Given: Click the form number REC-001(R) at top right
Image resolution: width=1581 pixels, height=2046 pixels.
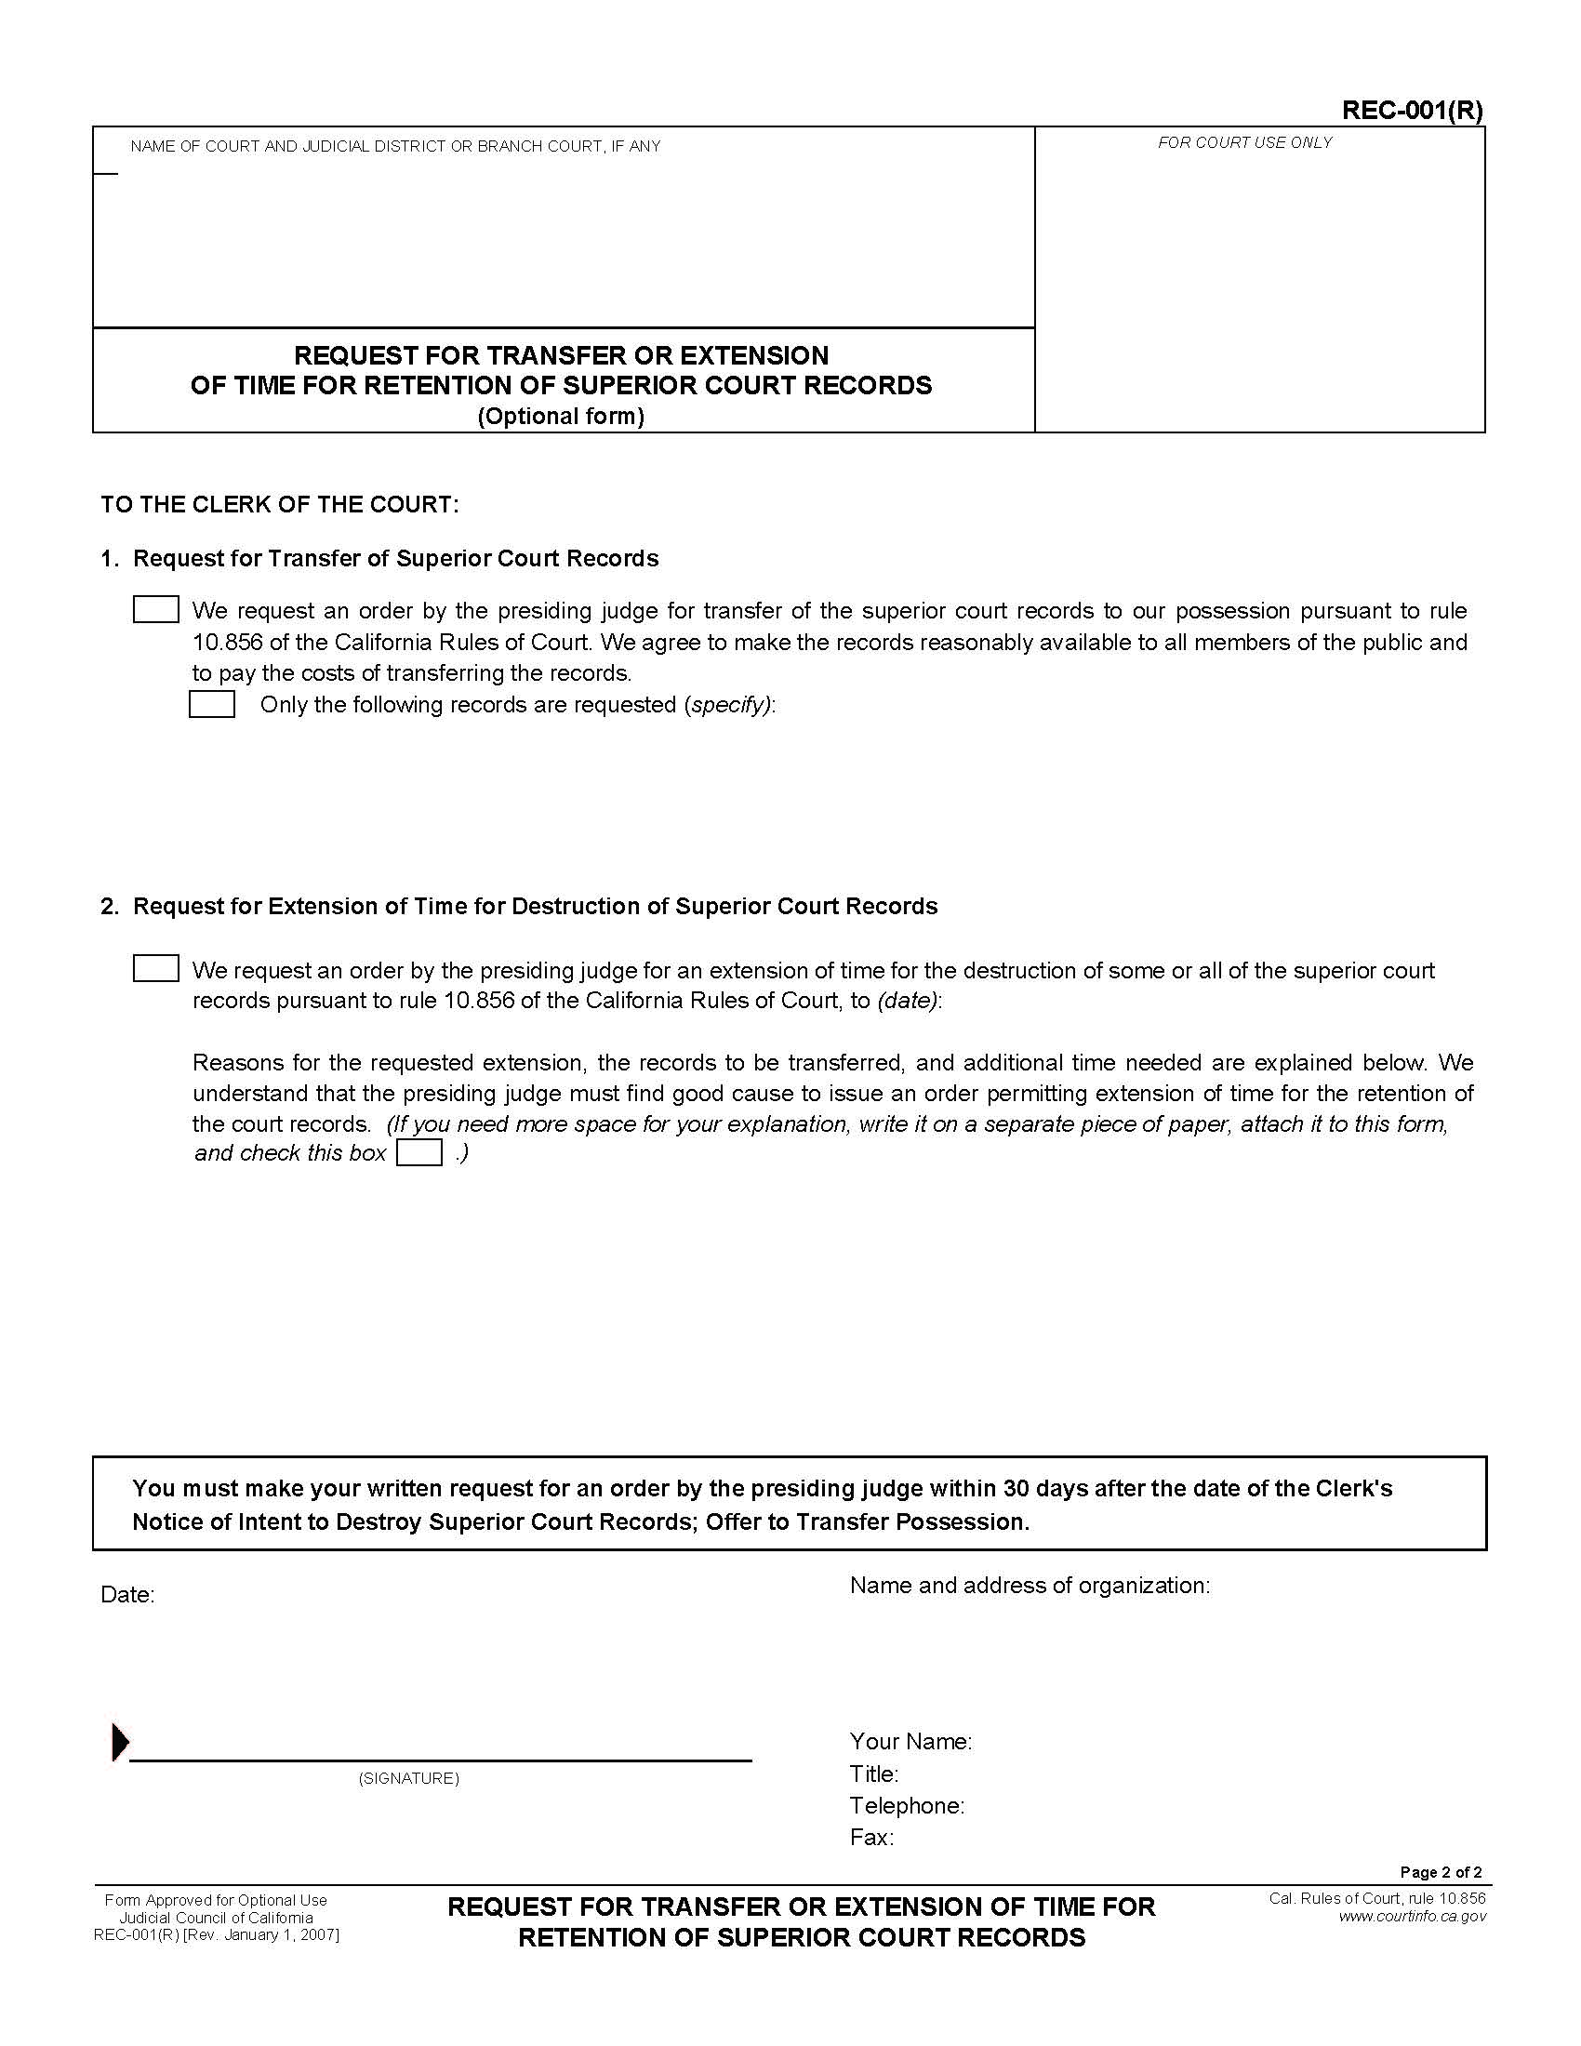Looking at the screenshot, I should point(1412,111).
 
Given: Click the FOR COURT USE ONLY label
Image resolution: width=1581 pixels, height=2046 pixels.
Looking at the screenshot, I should point(1244,142).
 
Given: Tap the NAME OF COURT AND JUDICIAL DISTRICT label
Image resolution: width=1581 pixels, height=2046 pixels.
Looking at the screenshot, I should point(395,146).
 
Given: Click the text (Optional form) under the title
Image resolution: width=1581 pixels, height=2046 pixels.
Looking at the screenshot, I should point(561,416).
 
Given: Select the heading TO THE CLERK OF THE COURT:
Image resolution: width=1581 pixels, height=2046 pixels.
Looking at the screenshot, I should point(280,504).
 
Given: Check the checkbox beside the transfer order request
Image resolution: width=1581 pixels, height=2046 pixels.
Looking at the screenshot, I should point(155,610).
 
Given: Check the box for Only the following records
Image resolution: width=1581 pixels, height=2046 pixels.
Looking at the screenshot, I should point(212,704).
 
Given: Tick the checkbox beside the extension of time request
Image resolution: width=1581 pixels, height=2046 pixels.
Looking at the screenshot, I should point(155,969).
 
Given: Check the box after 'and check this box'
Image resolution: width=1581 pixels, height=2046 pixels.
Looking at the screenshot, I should point(418,1152).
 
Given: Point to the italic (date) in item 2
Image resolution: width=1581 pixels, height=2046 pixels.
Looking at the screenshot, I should point(907,1001).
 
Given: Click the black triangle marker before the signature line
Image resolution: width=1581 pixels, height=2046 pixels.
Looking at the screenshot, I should point(120,1742).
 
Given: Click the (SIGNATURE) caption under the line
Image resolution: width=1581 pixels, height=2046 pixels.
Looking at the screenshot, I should point(408,1778).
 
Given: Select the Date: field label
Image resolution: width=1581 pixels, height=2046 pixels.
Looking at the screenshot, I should point(127,1594).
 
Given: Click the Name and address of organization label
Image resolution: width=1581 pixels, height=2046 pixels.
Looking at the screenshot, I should point(1030,1585).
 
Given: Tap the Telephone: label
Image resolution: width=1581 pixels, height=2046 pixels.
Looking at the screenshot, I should point(907,1805).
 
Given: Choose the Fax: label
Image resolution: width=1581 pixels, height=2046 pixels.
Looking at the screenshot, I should point(871,1837).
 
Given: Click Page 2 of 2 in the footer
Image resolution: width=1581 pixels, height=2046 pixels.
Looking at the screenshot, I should point(1441,1872).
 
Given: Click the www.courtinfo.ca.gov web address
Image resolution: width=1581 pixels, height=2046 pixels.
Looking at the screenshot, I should point(1413,1916).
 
